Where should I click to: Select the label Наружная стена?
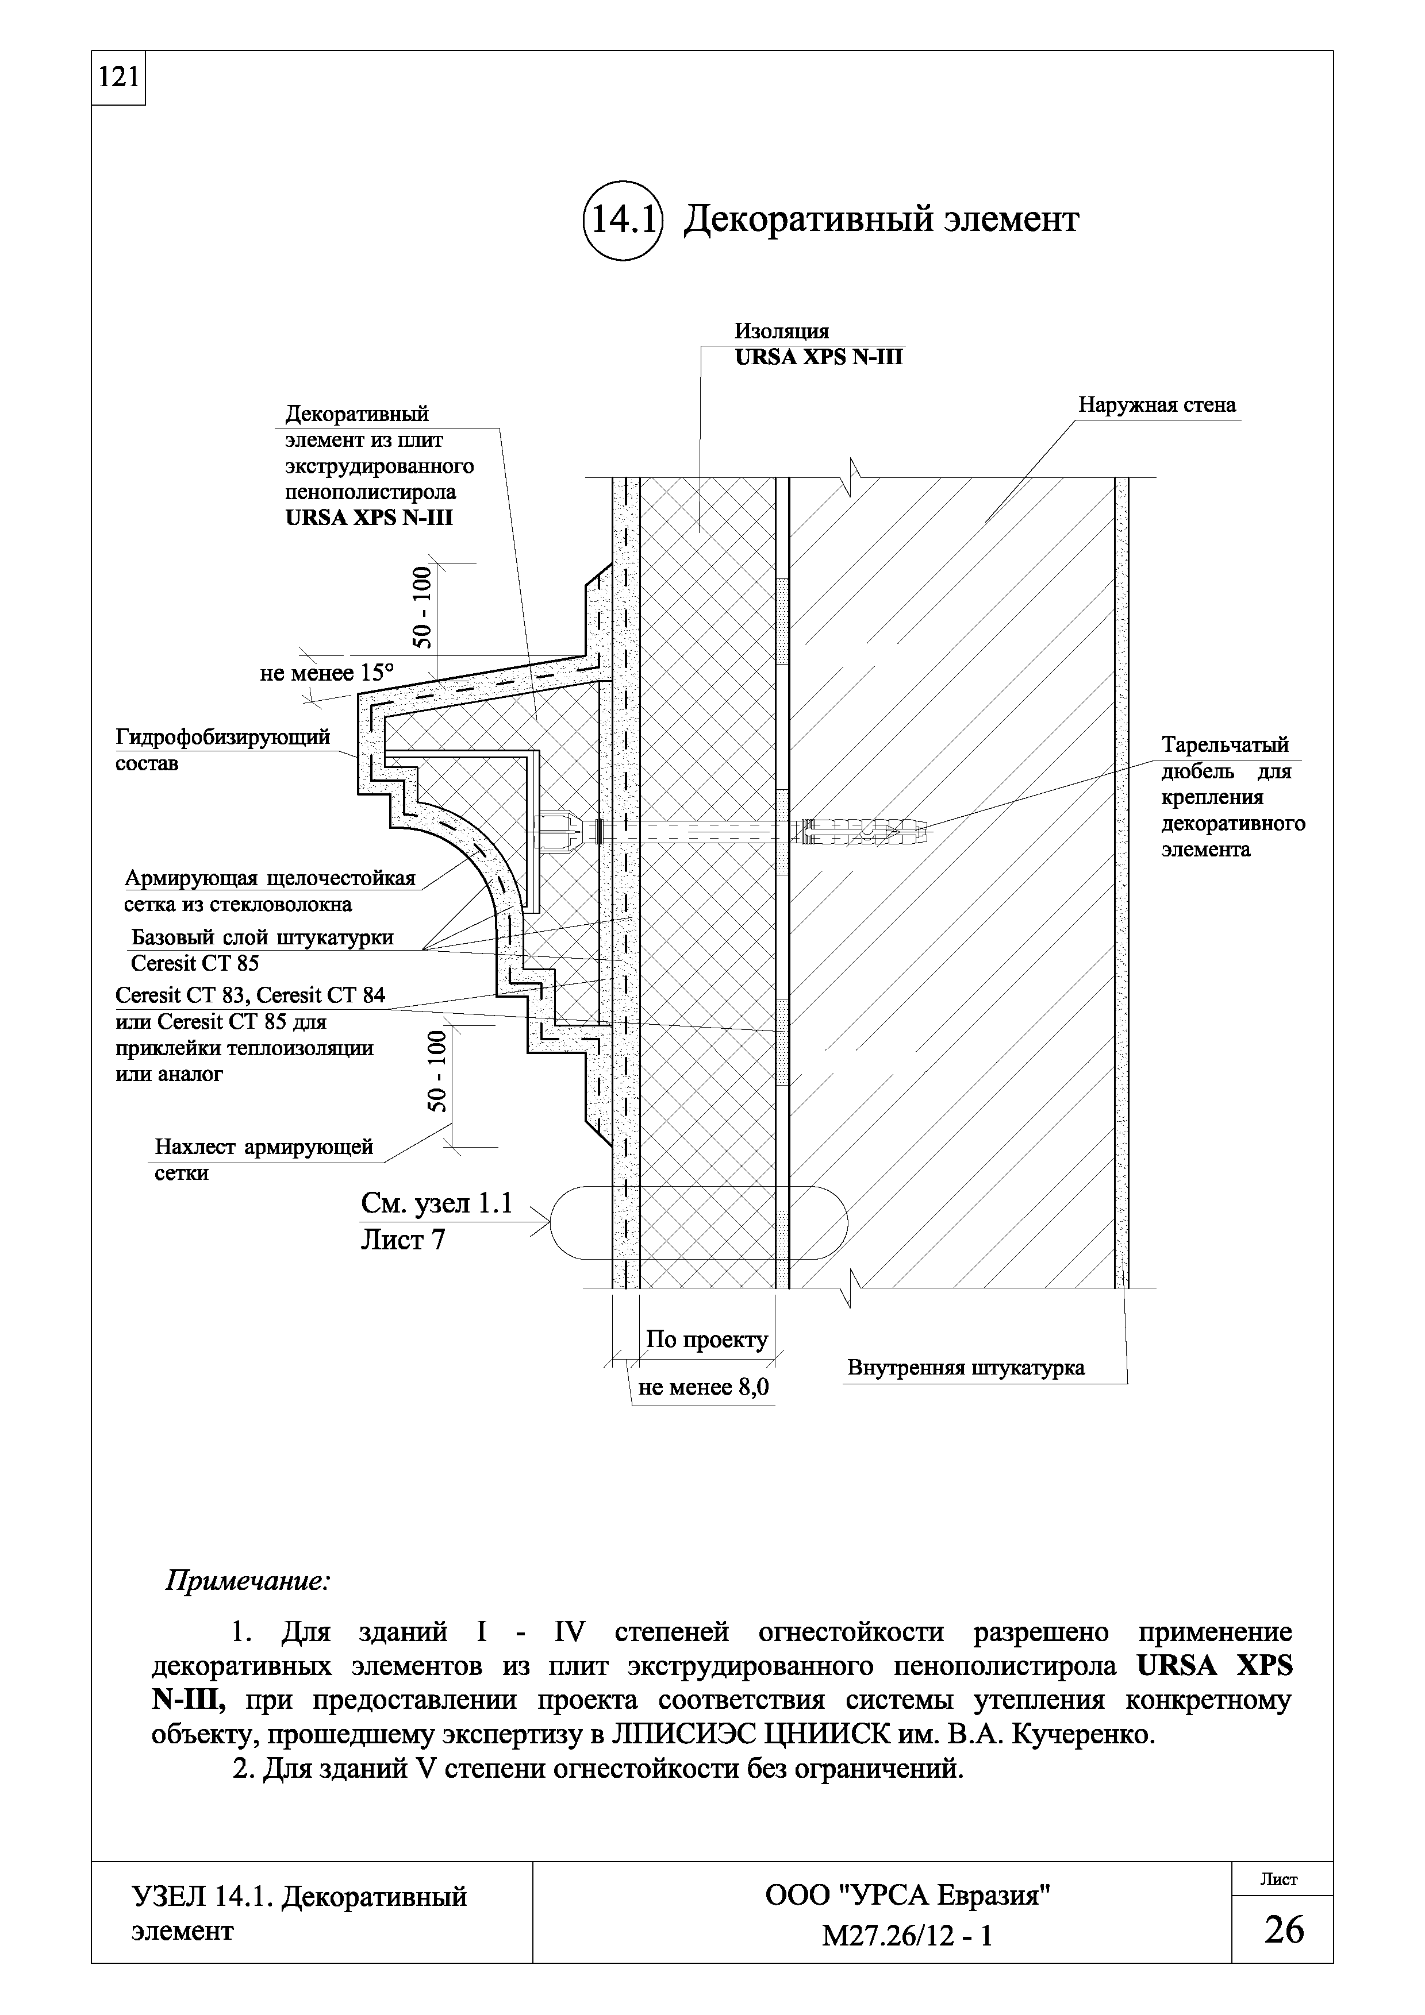tap(1157, 406)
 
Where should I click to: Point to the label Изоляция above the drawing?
tap(781, 332)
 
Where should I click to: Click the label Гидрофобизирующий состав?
tap(223, 750)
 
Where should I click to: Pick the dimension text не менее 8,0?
tap(703, 1388)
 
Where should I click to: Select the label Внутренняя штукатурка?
tap(965, 1367)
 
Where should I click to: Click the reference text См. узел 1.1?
tap(436, 1203)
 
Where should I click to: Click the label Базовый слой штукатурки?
tap(262, 937)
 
